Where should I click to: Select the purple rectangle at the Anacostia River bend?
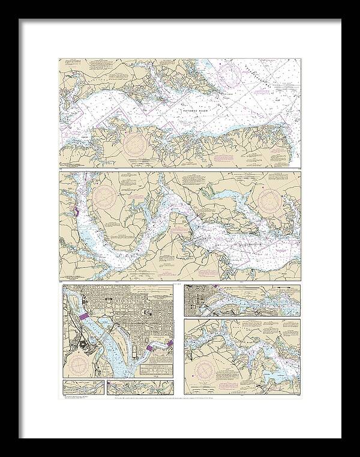(151, 349)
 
